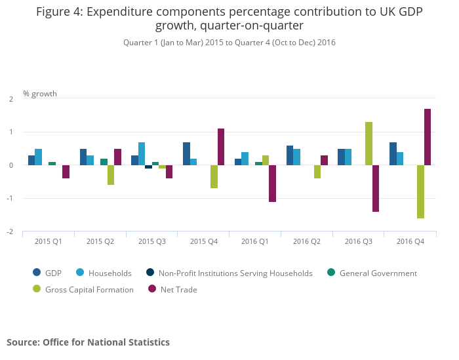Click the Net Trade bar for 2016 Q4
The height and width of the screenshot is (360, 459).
click(x=428, y=137)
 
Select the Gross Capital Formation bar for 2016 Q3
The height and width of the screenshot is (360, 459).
click(x=369, y=144)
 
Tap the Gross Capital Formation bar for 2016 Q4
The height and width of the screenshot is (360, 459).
click(x=420, y=191)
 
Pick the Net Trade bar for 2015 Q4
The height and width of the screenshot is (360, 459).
click(x=221, y=147)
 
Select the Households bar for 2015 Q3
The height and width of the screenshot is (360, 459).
click(x=142, y=153)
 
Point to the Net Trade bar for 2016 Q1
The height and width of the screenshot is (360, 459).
click(x=272, y=184)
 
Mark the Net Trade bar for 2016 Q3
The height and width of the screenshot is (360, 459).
click(x=376, y=188)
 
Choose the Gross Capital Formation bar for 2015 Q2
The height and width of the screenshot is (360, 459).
click(x=111, y=175)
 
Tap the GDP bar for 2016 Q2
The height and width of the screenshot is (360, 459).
click(x=290, y=155)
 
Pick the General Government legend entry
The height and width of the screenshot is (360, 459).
click(x=378, y=273)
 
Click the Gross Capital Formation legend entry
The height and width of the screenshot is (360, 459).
click(x=89, y=289)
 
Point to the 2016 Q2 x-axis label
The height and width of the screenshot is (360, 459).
click(x=306, y=242)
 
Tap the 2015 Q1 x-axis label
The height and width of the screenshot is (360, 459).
click(x=48, y=242)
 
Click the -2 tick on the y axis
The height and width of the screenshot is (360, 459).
click(x=11, y=232)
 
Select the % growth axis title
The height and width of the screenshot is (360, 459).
click(x=40, y=94)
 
